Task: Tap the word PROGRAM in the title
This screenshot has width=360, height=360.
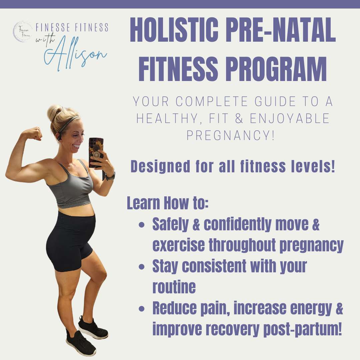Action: (x=276, y=69)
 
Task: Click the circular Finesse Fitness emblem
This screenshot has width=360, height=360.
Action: (x=23, y=31)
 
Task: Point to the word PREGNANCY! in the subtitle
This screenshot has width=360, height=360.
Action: (x=231, y=135)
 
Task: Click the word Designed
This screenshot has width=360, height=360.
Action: (x=160, y=166)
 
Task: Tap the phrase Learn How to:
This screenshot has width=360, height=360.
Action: (x=168, y=203)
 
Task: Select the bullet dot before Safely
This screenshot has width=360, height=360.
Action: (x=142, y=224)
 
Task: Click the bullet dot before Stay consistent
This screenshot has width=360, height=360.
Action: (x=142, y=267)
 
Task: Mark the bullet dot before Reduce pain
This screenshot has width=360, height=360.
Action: (x=142, y=309)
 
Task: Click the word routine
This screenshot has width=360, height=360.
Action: (x=174, y=287)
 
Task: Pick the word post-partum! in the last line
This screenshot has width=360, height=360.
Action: (x=302, y=329)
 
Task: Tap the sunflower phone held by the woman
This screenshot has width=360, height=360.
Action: (x=96, y=152)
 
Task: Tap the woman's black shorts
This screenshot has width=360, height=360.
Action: (x=70, y=241)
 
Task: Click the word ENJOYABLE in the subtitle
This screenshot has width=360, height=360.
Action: (x=289, y=118)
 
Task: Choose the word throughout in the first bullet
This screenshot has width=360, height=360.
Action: (x=242, y=245)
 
